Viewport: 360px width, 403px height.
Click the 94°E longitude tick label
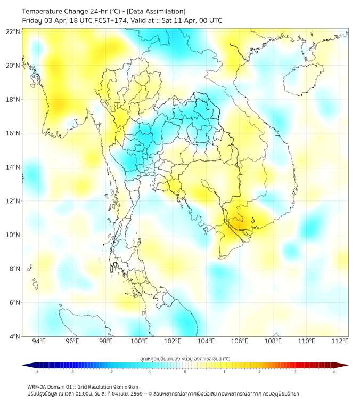pos(39,341)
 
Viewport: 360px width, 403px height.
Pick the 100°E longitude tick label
pos(139,341)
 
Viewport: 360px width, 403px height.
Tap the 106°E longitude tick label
pos(240,341)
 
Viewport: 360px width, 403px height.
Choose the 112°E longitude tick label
pos(340,341)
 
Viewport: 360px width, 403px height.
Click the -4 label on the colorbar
pos(37,372)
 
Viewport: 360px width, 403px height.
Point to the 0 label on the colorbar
pos(185,372)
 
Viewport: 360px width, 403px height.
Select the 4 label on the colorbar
pos(334,372)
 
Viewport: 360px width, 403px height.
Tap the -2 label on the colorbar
pos(111,372)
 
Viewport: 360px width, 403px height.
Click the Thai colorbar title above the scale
pos(185,358)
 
